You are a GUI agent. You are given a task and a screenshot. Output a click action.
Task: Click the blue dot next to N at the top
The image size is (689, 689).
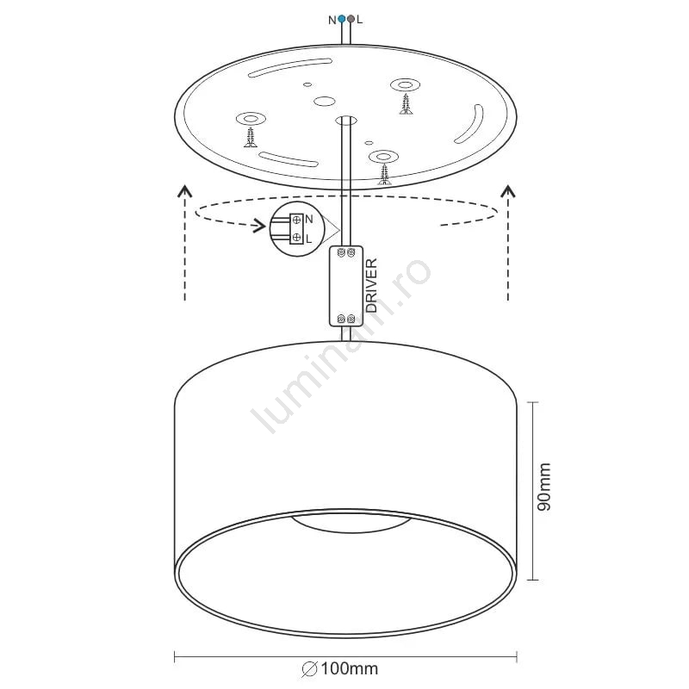342,19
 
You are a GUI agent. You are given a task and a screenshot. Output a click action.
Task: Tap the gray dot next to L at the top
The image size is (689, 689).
351,19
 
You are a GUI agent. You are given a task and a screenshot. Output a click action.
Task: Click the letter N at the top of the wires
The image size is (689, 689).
332,20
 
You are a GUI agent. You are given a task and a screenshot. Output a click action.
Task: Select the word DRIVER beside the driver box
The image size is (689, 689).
371,285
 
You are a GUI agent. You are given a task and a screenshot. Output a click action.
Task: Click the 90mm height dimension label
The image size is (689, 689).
544,487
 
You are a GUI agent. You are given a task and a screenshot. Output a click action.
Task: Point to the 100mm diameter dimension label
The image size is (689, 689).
350,669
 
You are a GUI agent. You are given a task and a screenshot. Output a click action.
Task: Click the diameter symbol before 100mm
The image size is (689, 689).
309,669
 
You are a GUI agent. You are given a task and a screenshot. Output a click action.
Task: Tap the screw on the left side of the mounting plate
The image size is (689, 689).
251,137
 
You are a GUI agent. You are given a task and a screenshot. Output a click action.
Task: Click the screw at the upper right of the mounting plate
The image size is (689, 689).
406,103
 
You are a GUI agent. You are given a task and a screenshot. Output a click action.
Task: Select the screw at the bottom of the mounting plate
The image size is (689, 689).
385,174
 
